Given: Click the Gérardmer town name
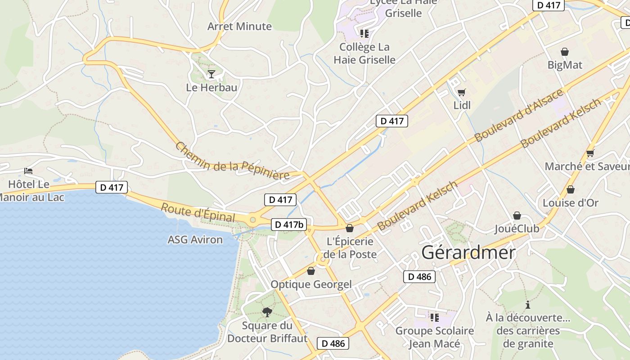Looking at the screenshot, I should pyautogui.click(x=468, y=252).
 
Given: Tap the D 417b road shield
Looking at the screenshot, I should pyautogui.click(x=288, y=224).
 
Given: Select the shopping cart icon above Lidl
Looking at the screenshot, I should pyautogui.click(x=461, y=93).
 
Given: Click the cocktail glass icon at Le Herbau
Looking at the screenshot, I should pyautogui.click(x=211, y=74).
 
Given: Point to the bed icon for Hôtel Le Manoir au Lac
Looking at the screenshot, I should pyautogui.click(x=28, y=171).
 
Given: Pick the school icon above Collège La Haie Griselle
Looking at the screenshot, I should pyautogui.click(x=364, y=33).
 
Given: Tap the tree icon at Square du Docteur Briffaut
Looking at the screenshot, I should pyautogui.click(x=267, y=312).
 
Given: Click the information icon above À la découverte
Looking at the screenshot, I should pyautogui.click(x=528, y=305).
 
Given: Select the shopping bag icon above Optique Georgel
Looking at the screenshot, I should pyautogui.click(x=311, y=271).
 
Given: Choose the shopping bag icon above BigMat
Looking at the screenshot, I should pyautogui.click(x=565, y=52).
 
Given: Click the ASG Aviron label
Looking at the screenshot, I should pyautogui.click(x=195, y=240).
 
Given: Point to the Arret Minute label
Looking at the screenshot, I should pyautogui.click(x=239, y=27).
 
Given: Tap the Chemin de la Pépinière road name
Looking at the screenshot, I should pyautogui.click(x=232, y=161).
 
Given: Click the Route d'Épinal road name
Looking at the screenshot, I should pyautogui.click(x=198, y=213).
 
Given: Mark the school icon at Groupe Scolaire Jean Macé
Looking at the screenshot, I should pyautogui.click(x=434, y=318).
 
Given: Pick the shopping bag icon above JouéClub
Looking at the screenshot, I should pyautogui.click(x=517, y=216).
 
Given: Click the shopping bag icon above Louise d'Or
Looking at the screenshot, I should pyautogui.click(x=571, y=189).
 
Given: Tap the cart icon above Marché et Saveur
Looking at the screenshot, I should pyautogui.click(x=590, y=153).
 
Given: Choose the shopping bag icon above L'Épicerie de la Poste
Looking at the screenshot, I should pyautogui.click(x=350, y=228).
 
